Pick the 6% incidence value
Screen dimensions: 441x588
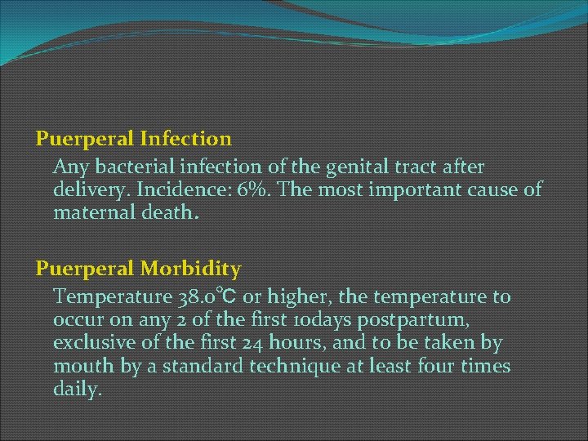coord(245,190)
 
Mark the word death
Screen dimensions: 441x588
coord(172,213)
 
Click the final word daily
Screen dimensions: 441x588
coord(78,390)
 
